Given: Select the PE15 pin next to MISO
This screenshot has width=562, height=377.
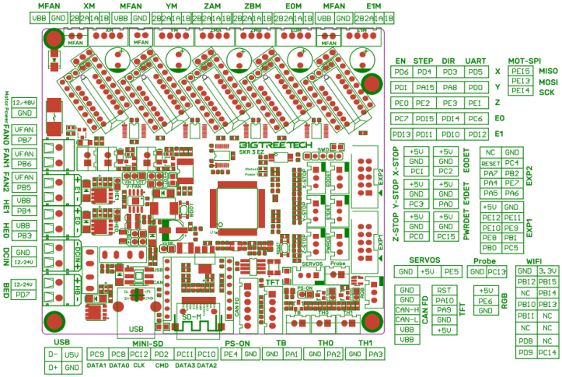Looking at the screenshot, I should tap(520, 71).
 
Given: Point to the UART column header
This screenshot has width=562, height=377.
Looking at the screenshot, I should tap(475, 60).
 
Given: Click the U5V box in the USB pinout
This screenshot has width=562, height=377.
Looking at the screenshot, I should tap(72, 354).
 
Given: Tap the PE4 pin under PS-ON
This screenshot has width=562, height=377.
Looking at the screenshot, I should tap(231, 354).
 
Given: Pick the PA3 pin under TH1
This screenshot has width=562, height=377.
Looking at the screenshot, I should tap(375, 354).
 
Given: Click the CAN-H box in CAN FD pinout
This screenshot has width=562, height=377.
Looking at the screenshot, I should tap(407, 309).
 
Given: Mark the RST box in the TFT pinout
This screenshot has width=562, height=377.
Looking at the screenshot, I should tap(445, 289).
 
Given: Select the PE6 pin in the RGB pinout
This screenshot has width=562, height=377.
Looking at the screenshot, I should tap(485, 300).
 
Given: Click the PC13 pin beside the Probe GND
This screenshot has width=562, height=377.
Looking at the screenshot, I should tap(497, 272).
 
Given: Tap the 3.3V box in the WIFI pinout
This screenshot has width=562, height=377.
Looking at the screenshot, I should tap(548, 271).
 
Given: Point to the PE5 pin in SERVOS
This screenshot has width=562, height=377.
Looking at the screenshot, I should tap(451, 272).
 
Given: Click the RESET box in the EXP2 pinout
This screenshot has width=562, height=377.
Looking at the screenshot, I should tap(490, 163).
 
